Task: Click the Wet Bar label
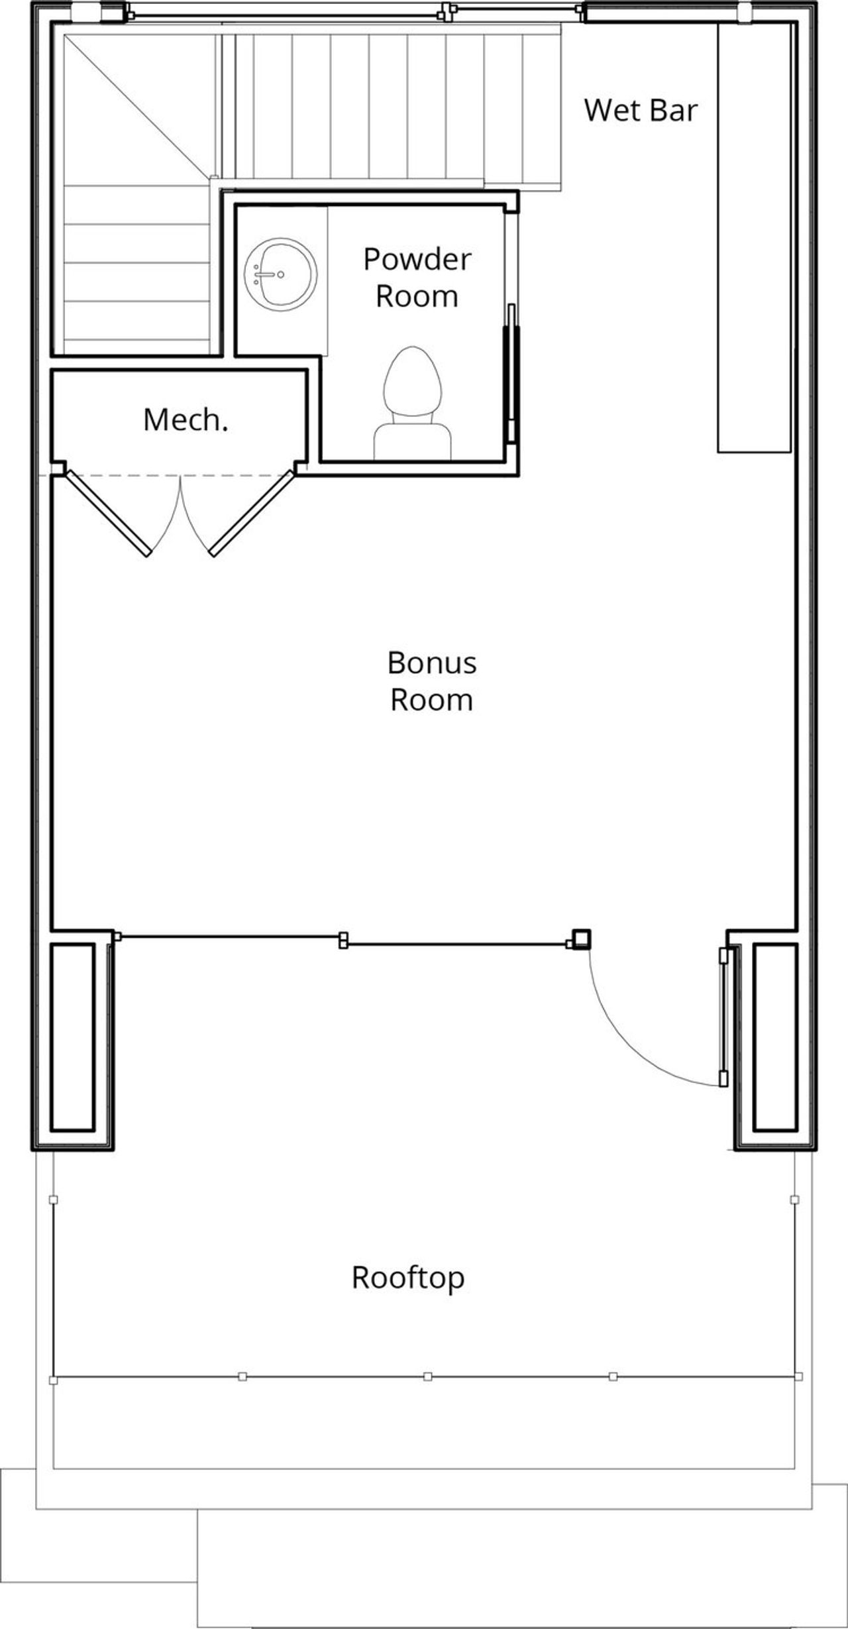[641, 110]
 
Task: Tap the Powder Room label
[417, 277]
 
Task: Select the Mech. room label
[185, 420]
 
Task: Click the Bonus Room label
[431, 681]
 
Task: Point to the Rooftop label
[407, 1277]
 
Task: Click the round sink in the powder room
[280, 274]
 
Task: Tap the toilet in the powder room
[412, 384]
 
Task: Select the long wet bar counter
[754, 239]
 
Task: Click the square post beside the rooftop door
[580, 939]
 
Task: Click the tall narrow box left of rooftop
[72, 1037]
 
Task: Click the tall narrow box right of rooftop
[775, 1037]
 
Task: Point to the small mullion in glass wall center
[343, 940]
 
